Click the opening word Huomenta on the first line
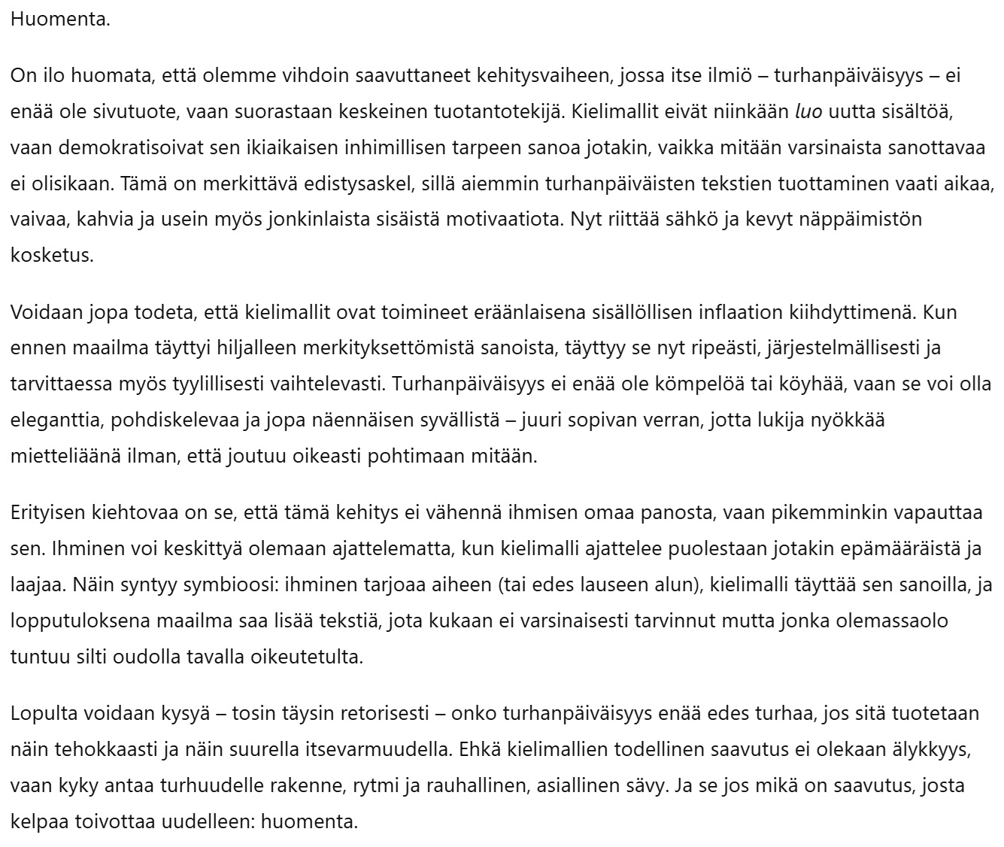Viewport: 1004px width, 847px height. pyautogui.click(x=60, y=19)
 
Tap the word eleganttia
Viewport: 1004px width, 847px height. pyautogui.click(x=58, y=420)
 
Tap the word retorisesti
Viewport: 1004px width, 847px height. pyautogui.click(x=389, y=713)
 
